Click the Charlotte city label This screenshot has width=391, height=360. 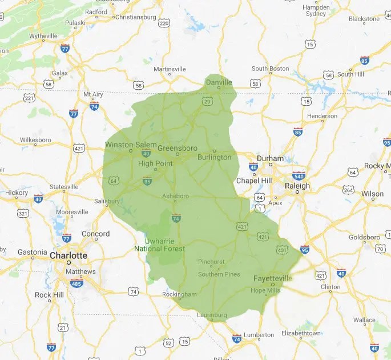(68, 255)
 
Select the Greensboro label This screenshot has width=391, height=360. (177, 148)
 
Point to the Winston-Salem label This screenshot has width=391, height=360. (130, 145)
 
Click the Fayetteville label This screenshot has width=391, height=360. (272, 278)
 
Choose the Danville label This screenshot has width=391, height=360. (219, 82)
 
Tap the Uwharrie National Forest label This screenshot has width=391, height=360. (160, 245)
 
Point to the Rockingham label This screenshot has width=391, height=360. (180, 294)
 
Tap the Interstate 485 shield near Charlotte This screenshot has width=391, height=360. (76, 282)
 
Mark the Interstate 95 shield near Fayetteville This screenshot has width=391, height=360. (305, 249)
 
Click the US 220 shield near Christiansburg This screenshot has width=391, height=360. (164, 23)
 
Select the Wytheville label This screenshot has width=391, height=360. (43, 36)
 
